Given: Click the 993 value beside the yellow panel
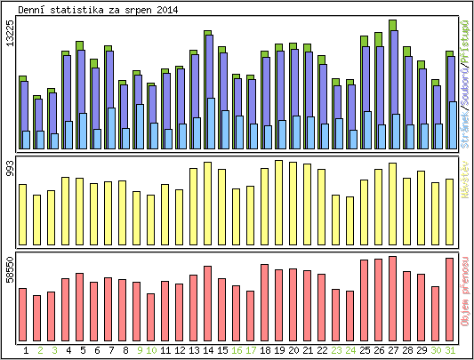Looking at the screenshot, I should pos(10,172).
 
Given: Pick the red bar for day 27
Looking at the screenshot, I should pos(393,293).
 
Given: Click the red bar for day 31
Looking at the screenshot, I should pos(450,294).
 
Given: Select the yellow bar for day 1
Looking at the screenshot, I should pos(23,214).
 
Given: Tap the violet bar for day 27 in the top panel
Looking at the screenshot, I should pos(393,80).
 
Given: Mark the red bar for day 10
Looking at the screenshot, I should pos(151,312).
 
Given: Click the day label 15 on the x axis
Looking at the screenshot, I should pos(222,351).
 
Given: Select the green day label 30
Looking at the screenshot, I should pos(436,351).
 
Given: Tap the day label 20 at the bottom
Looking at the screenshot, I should pos(293,351).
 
